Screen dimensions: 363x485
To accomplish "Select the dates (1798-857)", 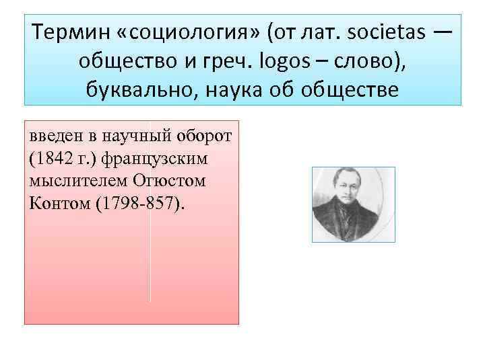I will (x=139, y=203).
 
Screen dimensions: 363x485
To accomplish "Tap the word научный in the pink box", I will (x=136, y=138).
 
